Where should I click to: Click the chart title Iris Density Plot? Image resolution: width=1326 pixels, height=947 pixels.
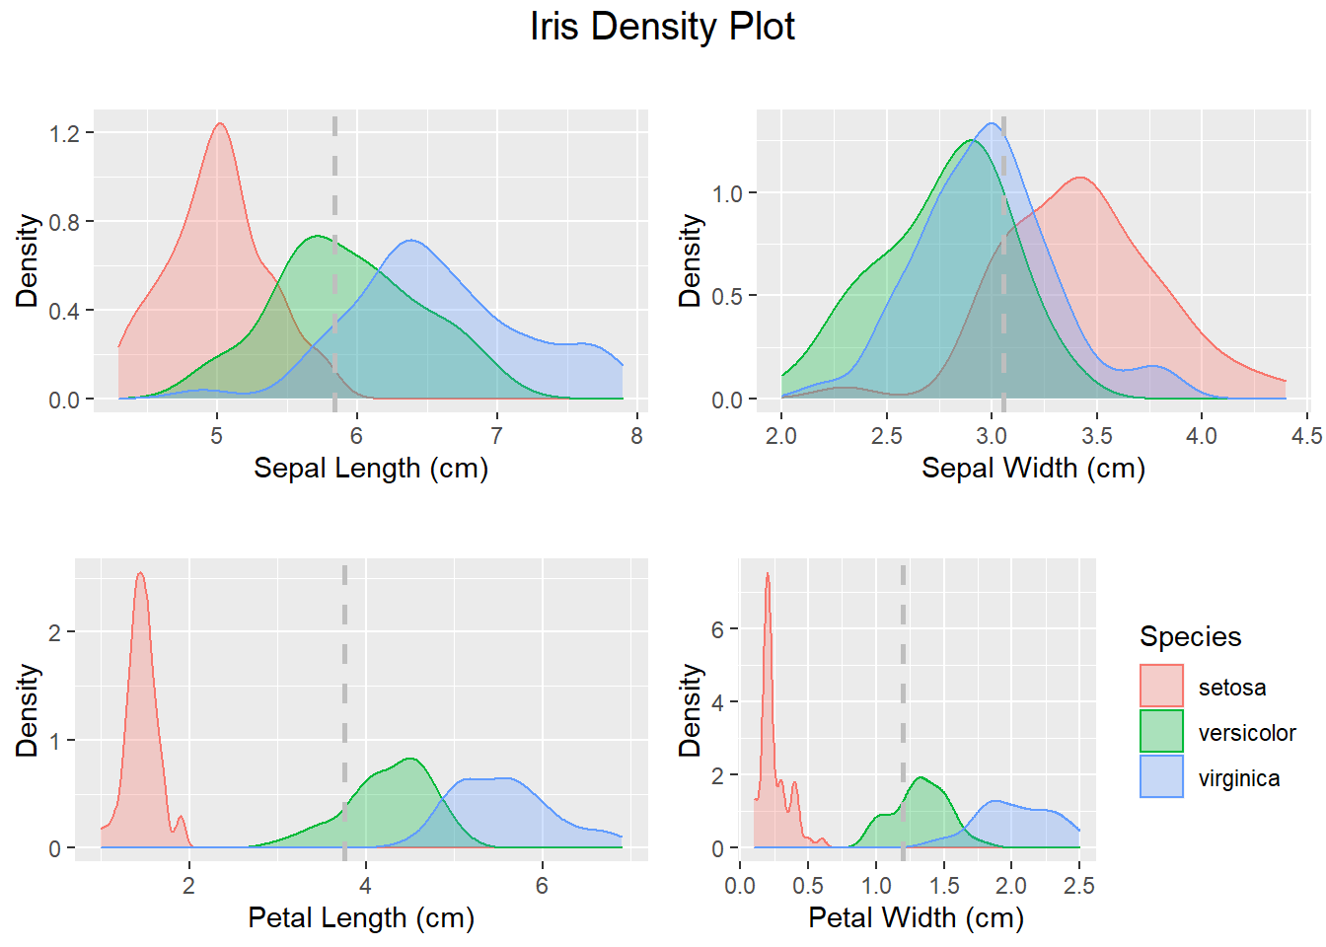point(662,27)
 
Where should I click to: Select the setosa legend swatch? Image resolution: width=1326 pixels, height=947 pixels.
point(1161,687)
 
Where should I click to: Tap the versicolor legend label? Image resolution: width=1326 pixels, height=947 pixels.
point(1247,733)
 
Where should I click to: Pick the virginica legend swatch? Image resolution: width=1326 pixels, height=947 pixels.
point(1161,777)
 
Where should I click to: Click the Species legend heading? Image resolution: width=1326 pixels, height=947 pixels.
point(1190,636)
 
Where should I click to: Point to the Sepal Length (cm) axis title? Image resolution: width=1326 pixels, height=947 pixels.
point(371,468)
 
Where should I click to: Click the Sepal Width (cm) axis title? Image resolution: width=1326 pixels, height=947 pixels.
point(1033,468)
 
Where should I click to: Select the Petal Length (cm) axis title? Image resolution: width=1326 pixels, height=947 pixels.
point(361,917)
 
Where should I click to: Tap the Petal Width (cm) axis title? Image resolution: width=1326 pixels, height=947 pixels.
point(916,917)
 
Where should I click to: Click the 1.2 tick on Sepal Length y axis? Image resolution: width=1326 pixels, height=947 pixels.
point(65,133)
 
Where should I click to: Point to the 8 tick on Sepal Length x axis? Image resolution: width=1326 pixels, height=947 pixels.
point(636,436)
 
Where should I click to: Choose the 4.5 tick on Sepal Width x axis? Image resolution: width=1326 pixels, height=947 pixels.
point(1306,436)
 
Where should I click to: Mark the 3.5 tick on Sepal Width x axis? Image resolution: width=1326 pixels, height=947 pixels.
point(1096,436)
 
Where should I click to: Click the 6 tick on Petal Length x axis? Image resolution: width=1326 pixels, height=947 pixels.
point(542,886)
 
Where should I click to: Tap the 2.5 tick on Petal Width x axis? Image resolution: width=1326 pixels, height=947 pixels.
point(1079,886)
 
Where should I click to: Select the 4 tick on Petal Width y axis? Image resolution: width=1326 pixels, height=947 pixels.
point(718,702)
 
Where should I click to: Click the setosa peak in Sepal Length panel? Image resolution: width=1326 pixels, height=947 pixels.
point(220,124)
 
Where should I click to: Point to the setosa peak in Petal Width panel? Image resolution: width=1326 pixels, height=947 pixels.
point(768,574)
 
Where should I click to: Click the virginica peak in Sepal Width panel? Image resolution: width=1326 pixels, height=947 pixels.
point(991,124)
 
